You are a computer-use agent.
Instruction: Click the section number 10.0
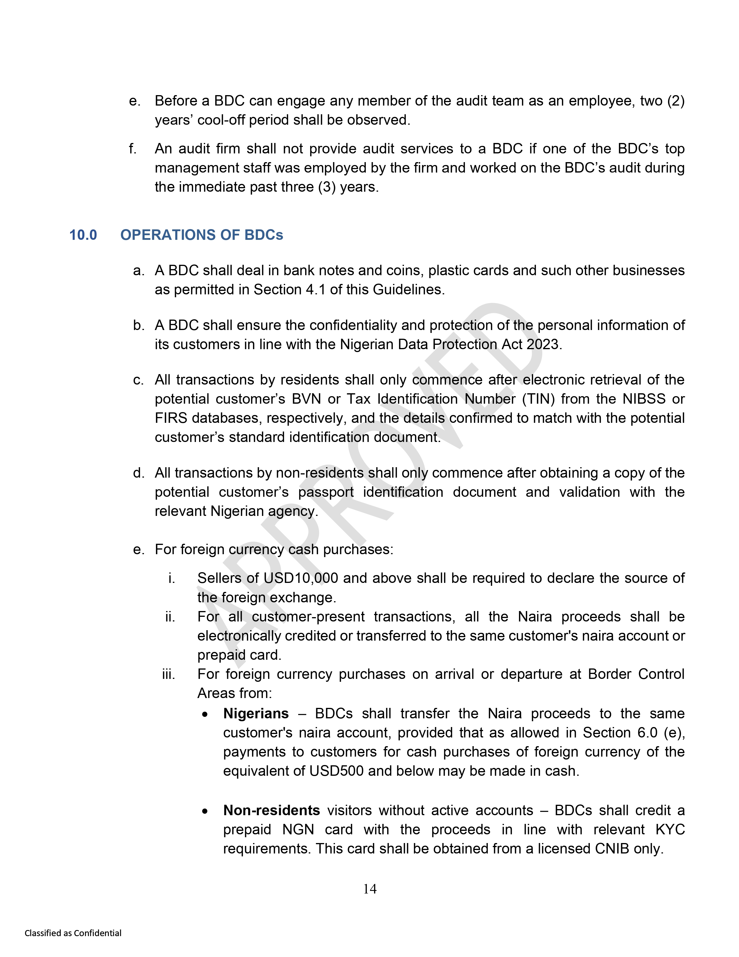click(83, 235)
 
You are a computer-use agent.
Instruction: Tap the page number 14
click(369, 889)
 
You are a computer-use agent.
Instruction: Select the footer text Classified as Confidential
click(73, 933)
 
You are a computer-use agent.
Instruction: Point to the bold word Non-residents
click(272, 810)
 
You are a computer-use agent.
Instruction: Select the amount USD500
click(336, 771)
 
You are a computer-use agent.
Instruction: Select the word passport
click(326, 492)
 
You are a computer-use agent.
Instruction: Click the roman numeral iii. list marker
click(169, 674)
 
